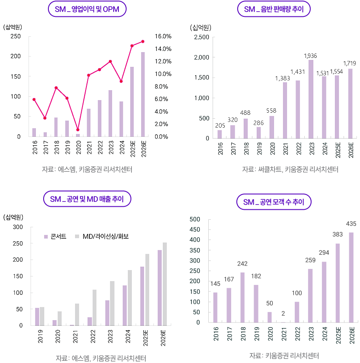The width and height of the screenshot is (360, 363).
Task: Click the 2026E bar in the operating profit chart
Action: [x=143, y=94]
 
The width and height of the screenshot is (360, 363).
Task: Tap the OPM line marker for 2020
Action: [x=78, y=129]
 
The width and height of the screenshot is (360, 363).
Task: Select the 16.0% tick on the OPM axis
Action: [x=163, y=36]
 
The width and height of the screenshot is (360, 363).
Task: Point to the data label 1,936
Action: [x=311, y=56]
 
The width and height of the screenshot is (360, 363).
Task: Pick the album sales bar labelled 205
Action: [x=219, y=134]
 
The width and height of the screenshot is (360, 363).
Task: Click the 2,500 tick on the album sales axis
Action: [x=202, y=37]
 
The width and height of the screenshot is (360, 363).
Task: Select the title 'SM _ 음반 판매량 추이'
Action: [x=274, y=9]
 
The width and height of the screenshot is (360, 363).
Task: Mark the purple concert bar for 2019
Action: [x=37, y=316]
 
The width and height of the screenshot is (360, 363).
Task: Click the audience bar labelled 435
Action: [x=350, y=278]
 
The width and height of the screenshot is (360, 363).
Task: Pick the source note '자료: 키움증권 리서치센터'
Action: [x=284, y=356]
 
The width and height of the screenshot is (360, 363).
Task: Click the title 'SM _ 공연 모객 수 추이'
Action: [x=274, y=202]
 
